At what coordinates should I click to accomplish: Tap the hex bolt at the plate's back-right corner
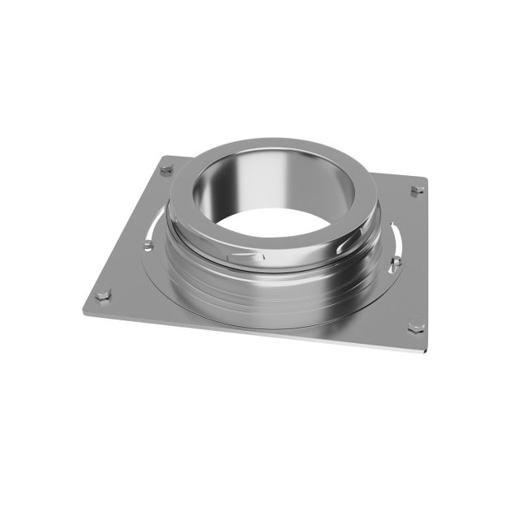coord(417,190)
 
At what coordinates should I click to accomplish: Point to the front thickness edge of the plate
coord(243,332)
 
